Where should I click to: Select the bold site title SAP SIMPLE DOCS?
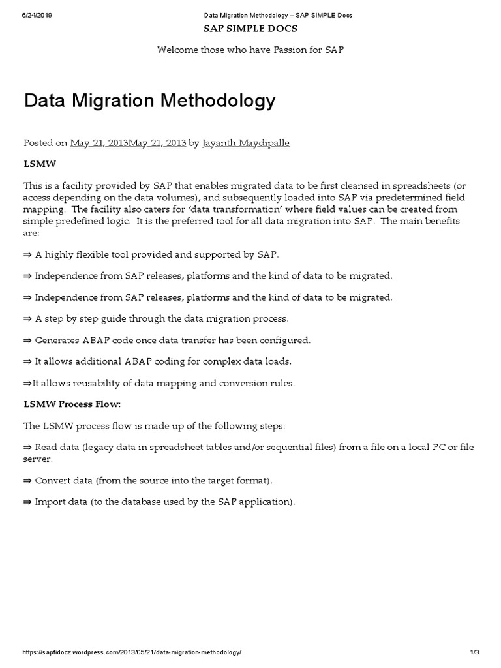[250, 29]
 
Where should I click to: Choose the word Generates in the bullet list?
[57, 340]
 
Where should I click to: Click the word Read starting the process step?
[46, 447]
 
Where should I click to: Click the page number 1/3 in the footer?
[474, 652]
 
